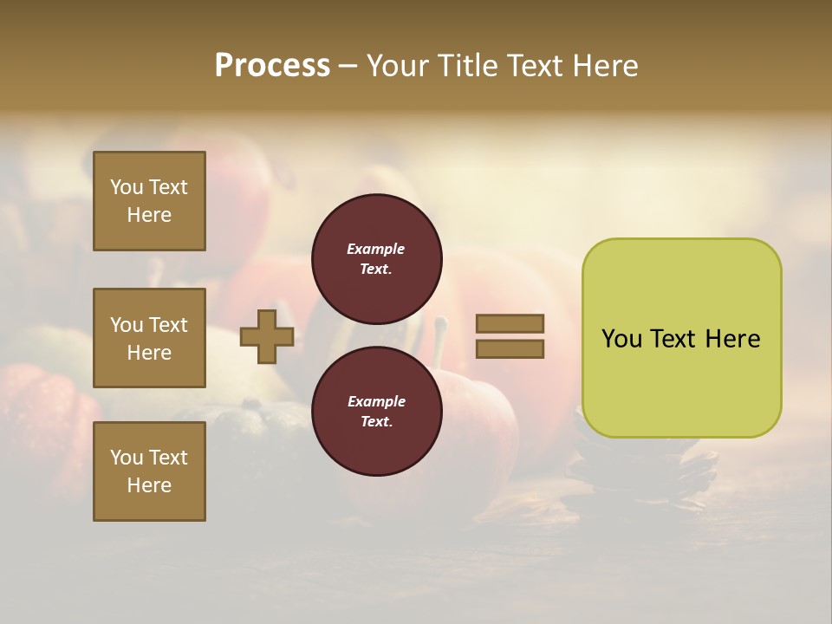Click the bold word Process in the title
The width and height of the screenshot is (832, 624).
[x=272, y=66]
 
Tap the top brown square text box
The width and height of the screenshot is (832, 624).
[x=149, y=201]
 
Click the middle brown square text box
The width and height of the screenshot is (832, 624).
[x=149, y=338]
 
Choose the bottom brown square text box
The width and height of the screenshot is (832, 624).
[x=149, y=471]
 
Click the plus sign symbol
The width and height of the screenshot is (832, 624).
[x=267, y=336]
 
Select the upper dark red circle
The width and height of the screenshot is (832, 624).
[x=376, y=259]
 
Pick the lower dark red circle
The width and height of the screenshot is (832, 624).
[x=376, y=411]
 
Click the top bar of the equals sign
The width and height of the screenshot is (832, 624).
[x=510, y=324]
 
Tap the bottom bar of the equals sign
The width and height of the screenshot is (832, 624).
[x=510, y=348]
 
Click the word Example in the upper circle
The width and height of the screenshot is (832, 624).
[x=375, y=249]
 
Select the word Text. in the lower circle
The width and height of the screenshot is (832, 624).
[x=376, y=422]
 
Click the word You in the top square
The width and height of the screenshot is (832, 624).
[x=127, y=187]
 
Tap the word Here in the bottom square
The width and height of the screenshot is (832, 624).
[x=149, y=485]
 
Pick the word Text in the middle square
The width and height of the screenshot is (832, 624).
[x=168, y=325]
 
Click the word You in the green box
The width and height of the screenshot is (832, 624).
[x=621, y=339]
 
